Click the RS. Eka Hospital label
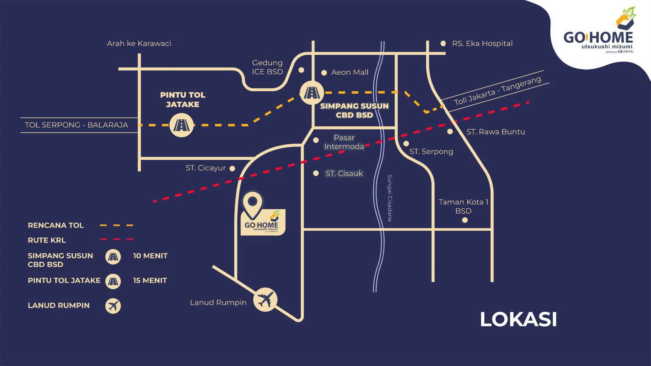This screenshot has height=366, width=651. [x=482, y=43]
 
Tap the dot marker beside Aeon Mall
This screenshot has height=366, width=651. [x=324, y=73]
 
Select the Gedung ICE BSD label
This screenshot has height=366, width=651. [x=267, y=67]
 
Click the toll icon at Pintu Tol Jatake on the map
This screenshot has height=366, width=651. [x=182, y=125]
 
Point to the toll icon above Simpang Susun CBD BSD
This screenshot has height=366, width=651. [x=311, y=92]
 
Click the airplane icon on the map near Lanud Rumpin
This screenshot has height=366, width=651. [x=265, y=300]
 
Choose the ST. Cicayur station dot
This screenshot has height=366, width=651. [x=232, y=168]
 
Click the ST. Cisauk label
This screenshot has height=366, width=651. [x=344, y=173]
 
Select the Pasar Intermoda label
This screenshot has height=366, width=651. [x=344, y=142]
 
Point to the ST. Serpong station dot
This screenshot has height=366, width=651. [x=406, y=144]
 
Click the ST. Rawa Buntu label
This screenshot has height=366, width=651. [x=495, y=131]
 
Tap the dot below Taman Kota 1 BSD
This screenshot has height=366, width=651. [x=465, y=220]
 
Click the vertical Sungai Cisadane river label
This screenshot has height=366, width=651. [x=390, y=198]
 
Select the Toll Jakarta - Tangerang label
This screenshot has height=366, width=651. [x=497, y=91]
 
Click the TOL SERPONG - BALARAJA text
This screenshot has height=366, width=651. [x=76, y=125]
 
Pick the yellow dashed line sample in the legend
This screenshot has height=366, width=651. [x=116, y=225]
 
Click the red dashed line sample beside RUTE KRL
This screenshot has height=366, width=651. [x=116, y=240]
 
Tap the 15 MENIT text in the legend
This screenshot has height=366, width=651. [x=150, y=280]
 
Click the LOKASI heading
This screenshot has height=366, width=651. [x=518, y=320]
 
